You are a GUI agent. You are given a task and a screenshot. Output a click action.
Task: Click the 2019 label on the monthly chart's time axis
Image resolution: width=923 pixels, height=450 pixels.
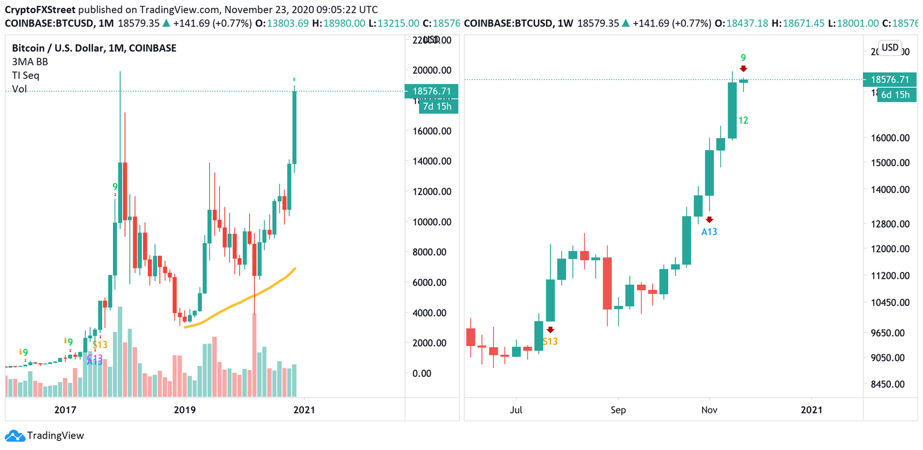click(x=184, y=410)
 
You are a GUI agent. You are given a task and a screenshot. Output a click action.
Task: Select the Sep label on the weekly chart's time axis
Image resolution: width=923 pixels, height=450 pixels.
click(x=618, y=410)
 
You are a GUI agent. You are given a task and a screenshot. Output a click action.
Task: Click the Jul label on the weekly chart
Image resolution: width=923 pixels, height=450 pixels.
click(x=516, y=410)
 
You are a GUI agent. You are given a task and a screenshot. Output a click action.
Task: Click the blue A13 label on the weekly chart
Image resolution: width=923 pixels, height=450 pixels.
click(x=709, y=231)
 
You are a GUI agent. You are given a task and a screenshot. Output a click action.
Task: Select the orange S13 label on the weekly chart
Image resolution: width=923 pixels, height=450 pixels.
click(x=550, y=341)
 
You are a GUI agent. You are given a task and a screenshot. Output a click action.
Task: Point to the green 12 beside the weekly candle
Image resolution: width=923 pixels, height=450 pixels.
click(x=743, y=121)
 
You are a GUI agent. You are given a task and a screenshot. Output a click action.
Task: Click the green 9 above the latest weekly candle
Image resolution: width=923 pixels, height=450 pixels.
click(x=743, y=58)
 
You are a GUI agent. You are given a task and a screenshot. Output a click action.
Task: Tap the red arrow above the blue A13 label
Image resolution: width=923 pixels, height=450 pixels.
click(x=709, y=220)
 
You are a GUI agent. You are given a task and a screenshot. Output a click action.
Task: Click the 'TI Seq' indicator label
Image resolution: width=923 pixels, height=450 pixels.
click(x=26, y=75)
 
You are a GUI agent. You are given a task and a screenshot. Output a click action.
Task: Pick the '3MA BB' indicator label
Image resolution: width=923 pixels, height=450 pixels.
click(x=30, y=61)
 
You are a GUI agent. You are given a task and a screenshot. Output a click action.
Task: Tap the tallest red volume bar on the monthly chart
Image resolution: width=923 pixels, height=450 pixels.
click(x=254, y=354)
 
